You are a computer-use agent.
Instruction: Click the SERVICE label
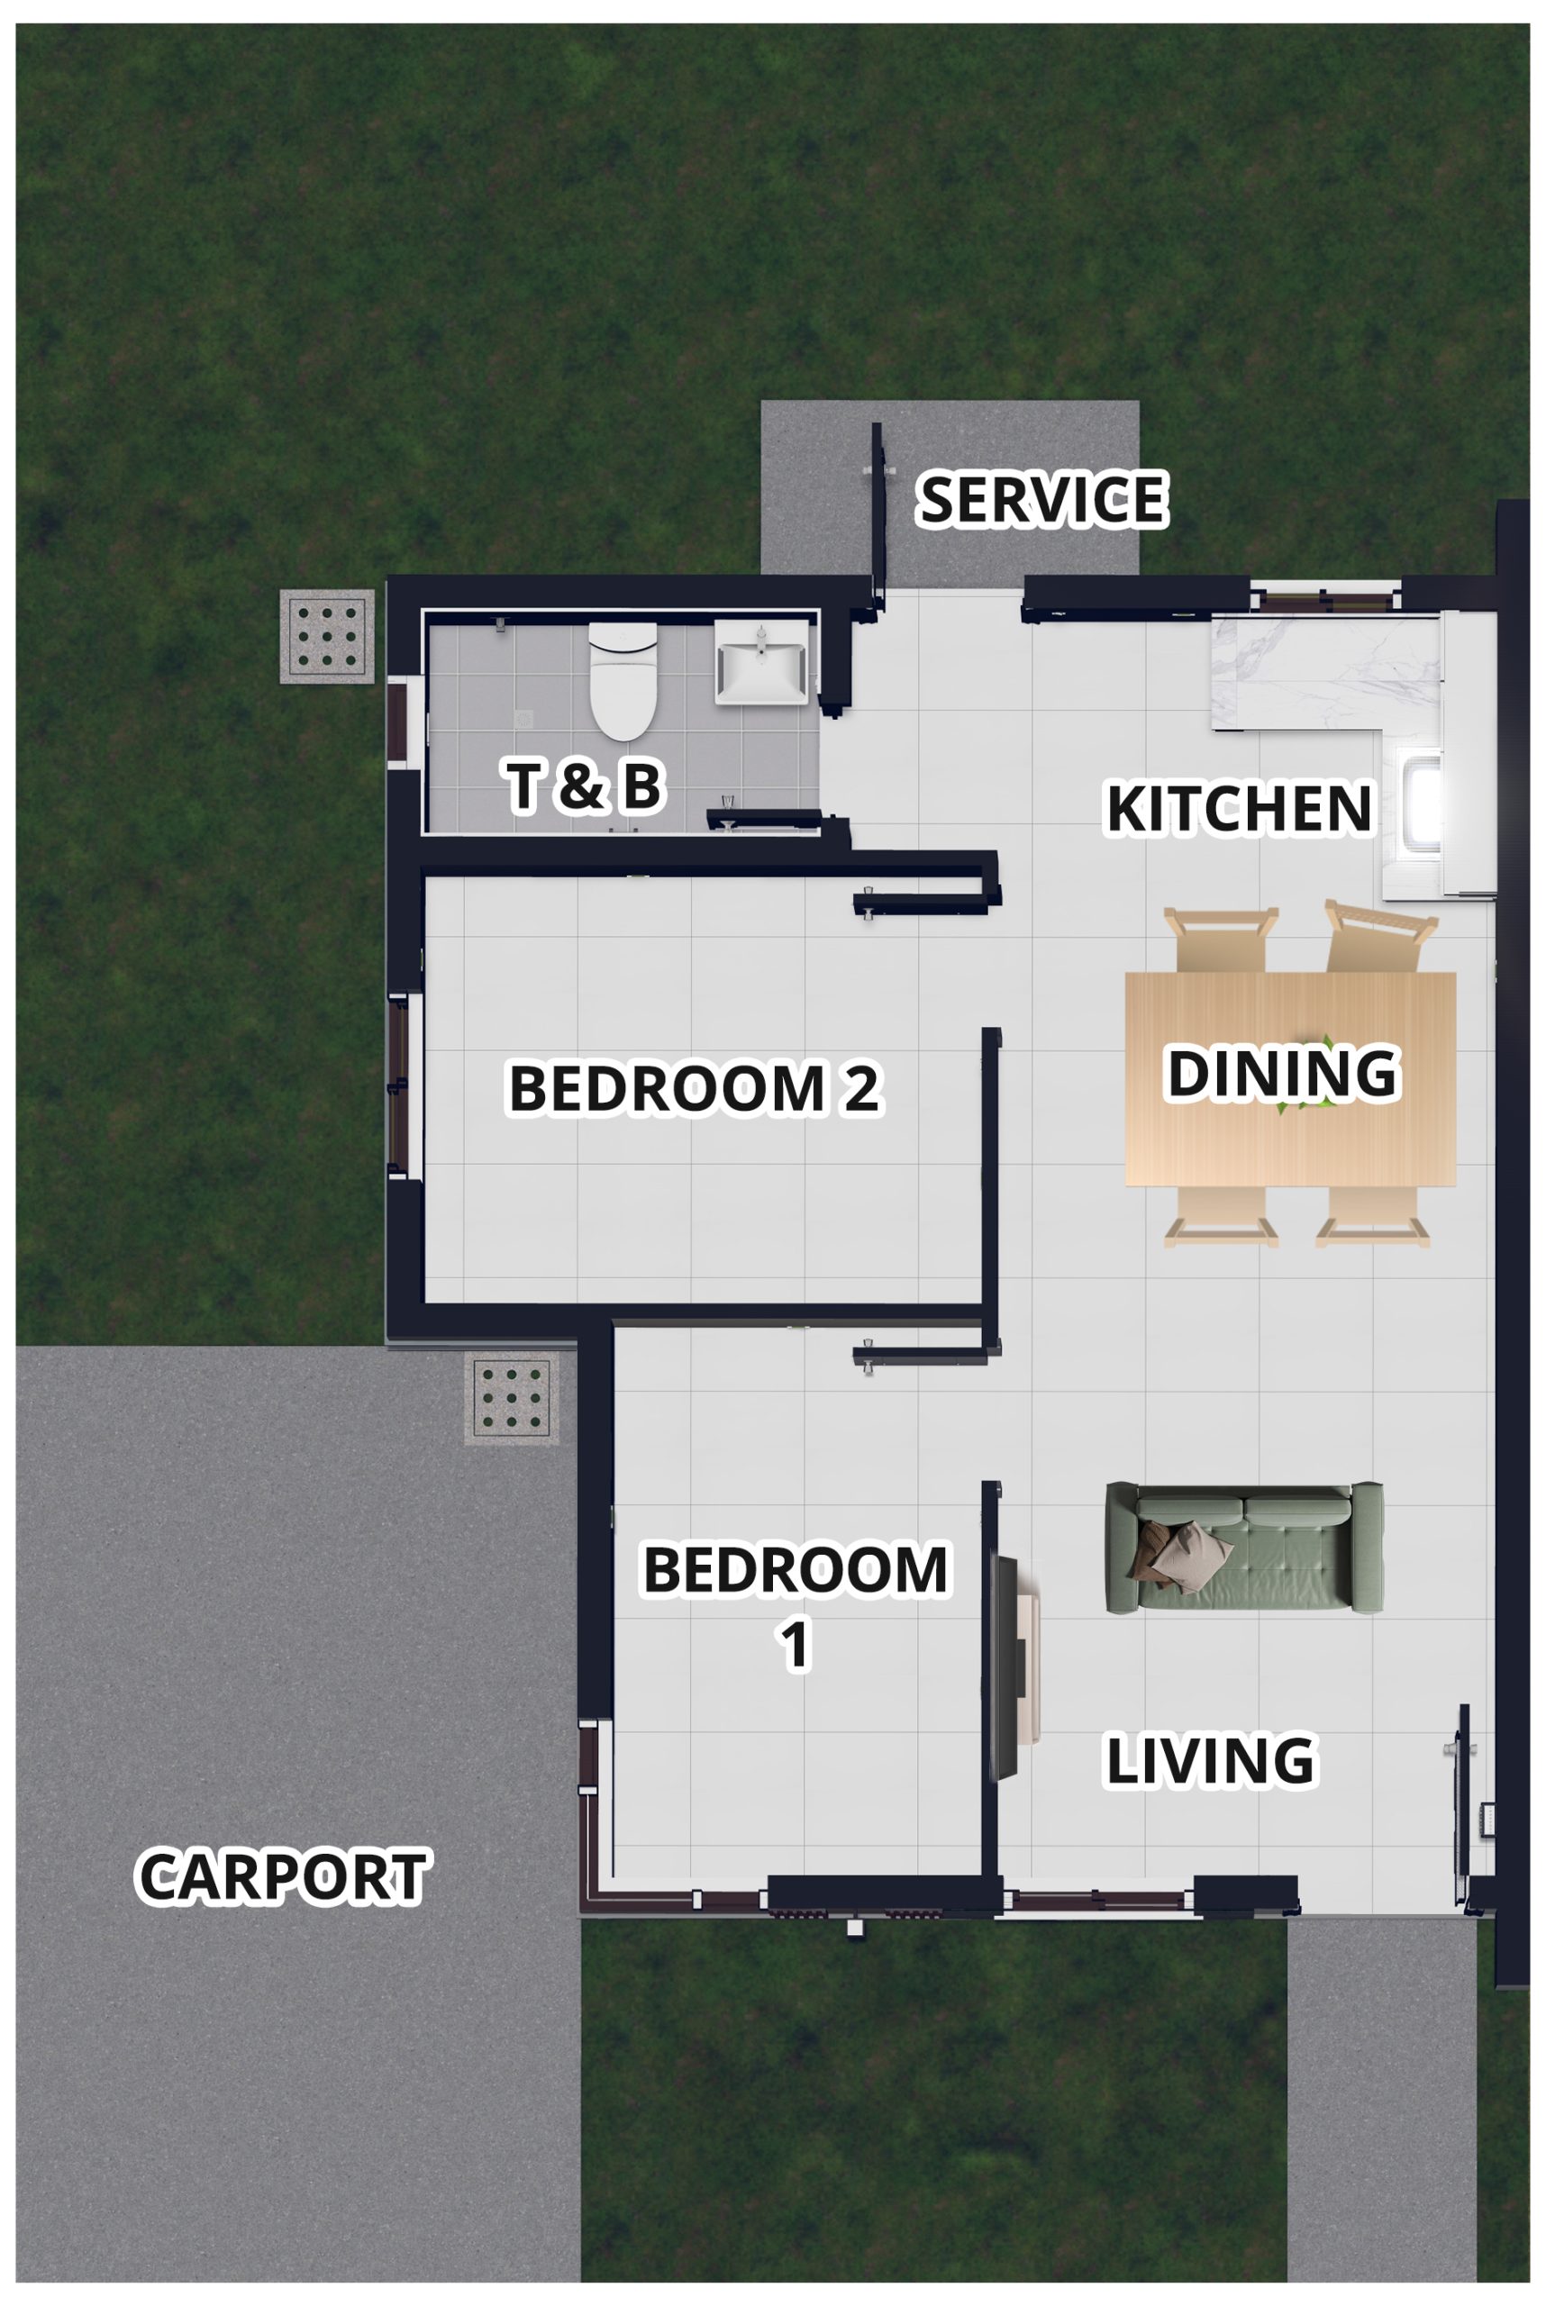(1043, 499)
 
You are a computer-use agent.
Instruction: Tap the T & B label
(584, 785)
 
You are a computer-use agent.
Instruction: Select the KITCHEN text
(1240, 808)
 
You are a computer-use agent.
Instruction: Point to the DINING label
(1283, 1073)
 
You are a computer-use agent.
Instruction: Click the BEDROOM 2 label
(694, 1088)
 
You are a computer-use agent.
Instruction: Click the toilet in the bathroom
(623, 680)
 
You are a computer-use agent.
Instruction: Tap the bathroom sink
(761, 661)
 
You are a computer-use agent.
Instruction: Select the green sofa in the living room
(1244, 1547)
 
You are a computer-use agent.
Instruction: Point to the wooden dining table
(1291, 1079)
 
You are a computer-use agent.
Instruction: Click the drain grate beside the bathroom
(327, 636)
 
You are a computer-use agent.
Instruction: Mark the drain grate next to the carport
(512, 1398)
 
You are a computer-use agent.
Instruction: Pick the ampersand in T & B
(583, 785)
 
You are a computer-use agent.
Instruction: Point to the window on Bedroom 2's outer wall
(398, 1085)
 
